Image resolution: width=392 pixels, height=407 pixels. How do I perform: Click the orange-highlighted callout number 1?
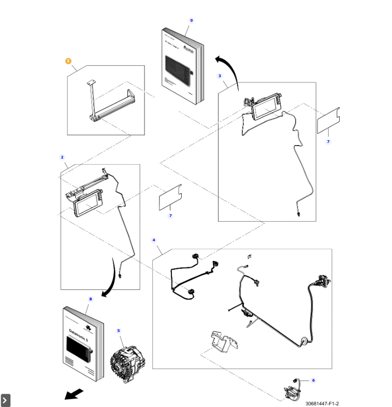(68, 61)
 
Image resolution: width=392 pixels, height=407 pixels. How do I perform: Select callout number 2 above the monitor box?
(62, 157)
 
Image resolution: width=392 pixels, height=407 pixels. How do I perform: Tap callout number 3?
(220, 76)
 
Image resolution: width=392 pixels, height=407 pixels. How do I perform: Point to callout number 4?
(153, 240)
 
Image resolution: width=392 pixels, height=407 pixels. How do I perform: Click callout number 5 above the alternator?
(118, 330)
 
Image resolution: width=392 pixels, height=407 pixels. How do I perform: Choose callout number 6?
(313, 380)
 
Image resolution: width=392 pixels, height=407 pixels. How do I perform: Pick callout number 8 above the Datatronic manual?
(91, 299)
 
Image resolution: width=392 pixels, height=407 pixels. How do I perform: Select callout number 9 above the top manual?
(191, 20)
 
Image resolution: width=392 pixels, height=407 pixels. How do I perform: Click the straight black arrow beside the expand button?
(74, 394)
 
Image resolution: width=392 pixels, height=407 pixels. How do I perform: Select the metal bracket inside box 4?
(222, 342)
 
